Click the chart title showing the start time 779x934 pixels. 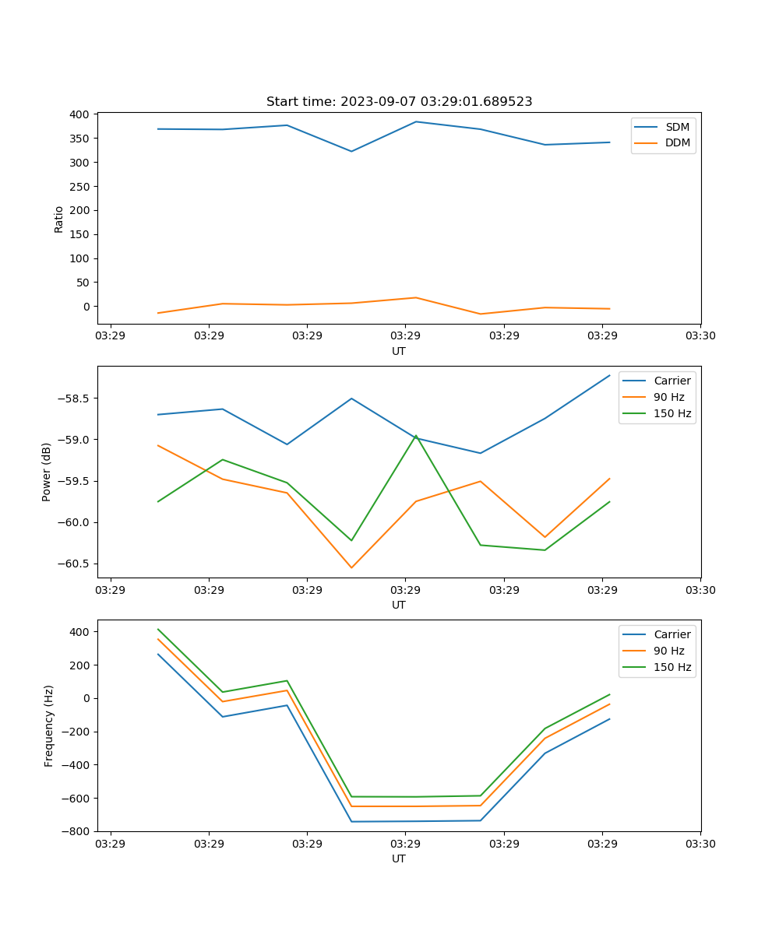pyautogui.click(x=399, y=102)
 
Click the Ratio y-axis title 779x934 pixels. pyautogui.click(x=58, y=219)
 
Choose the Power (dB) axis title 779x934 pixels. pyautogui.click(x=47, y=472)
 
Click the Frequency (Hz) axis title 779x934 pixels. pyautogui.click(x=48, y=725)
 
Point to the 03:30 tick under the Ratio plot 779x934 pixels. pyautogui.click(x=700, y=336)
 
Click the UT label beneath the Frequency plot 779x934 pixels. pyautogui.click(x=399, y=859)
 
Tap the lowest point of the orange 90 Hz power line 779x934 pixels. pyautogui.click(x=351, y=567)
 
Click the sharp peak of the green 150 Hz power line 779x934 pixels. pyautogui.click(x=416, y=436)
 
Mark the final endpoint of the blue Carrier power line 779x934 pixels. pyautogui.click(x=609, y=375)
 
